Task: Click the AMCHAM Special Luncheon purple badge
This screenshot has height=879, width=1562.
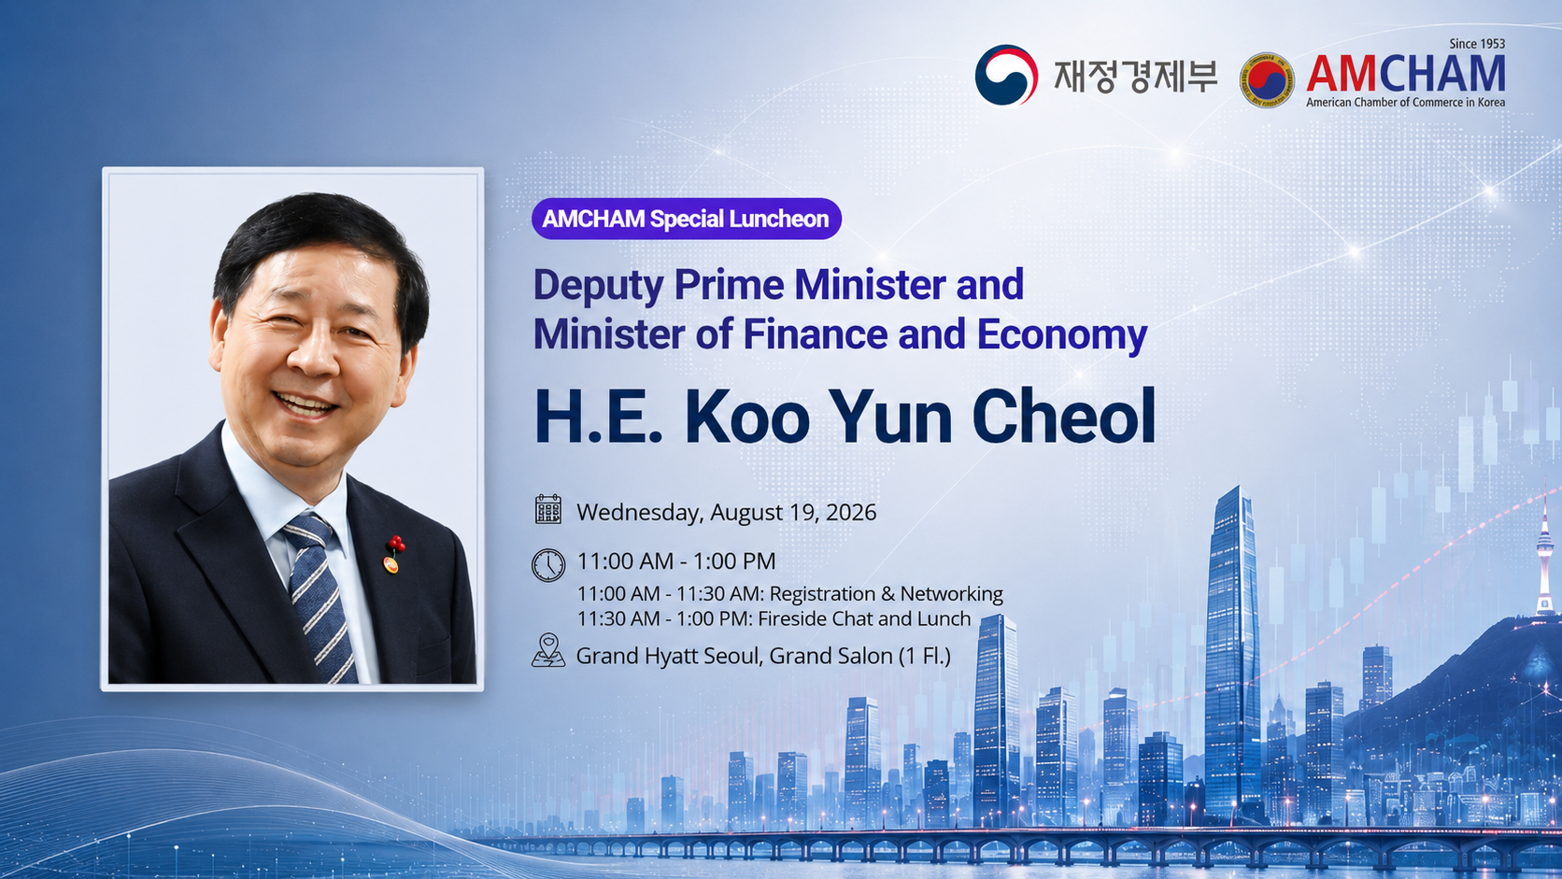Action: click(686, 219)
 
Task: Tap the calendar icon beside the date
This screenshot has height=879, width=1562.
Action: click(548, 509)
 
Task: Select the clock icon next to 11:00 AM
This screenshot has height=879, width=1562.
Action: click(548, 564)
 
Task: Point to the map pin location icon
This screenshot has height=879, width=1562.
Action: click(548, 650)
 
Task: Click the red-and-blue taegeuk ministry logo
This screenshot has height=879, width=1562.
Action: click(1005, 76)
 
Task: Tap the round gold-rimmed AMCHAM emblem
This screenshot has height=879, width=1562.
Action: click(1267, 80)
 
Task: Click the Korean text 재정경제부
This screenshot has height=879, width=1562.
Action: click(1136, 76)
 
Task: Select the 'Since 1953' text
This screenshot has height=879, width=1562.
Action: click(1477, 44)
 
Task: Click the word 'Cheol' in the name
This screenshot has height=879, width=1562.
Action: click(1064, 417)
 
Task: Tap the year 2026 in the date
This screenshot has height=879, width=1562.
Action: click(851, 512)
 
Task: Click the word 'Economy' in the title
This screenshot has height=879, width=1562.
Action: click(1062, 335)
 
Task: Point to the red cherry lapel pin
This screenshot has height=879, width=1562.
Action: click(394, 554)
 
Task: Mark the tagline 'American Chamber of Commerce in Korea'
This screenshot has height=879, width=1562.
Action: click(1405, 103)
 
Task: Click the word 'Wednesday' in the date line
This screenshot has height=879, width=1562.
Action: click(640, 513)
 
